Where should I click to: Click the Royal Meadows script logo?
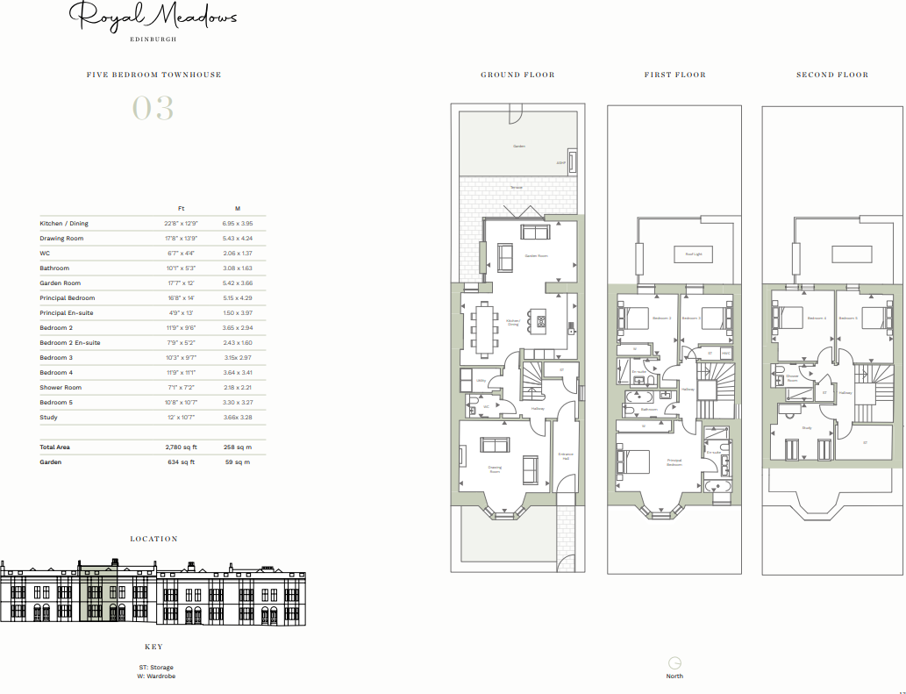pos(153,17)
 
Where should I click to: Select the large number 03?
pos(153,109)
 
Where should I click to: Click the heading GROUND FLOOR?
pos(517,75)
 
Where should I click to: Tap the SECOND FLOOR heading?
pos(831,75)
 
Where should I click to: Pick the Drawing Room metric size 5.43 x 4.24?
pos(237,239)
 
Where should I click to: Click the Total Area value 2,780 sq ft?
pos(182,447)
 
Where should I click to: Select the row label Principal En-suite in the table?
pos(67,313)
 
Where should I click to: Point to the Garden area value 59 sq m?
pos(237,461)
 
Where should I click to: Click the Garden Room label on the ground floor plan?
pos(536,256)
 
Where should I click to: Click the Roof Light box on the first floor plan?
pos(693,254)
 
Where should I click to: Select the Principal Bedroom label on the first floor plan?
pos(674,462)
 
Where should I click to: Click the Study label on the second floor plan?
pos(806,428)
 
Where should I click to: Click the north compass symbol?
pos(674,663)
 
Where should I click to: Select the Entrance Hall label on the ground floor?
pos(566,456)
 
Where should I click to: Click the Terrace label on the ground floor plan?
pos(517,187)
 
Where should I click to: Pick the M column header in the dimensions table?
pos(237,209)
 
